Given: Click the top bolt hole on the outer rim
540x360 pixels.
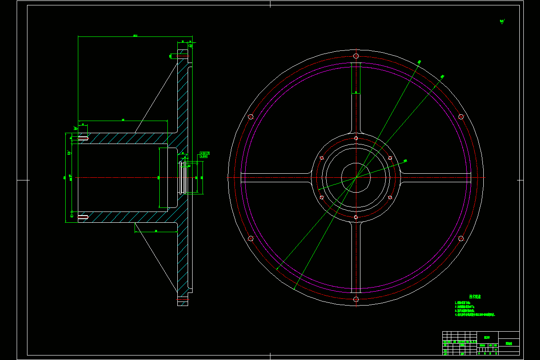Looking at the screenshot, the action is click(x=356, y=56).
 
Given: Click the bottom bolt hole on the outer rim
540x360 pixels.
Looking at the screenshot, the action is click(x=356, y=299).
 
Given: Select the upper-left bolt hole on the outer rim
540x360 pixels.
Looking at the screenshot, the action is click(x=251, y=117).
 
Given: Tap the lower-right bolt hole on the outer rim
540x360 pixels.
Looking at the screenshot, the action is click(x=461, y=238).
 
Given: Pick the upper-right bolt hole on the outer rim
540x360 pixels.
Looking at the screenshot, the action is click(x=461, y=117).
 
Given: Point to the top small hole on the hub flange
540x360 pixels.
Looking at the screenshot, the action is click(x=356, y=138).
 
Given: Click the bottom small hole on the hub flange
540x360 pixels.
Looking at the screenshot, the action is click(x=356, y=217).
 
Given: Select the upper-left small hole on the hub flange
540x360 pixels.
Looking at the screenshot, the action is click(x=322, y=158).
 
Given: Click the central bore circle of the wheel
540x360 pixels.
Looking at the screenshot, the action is click(x=356, y=177).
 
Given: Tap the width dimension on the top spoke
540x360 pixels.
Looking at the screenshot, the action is click(x=356, y=92).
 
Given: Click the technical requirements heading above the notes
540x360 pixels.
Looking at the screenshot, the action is click(x=475, y=297).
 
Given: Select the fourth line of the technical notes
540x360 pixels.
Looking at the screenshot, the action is click(x=475, y=315).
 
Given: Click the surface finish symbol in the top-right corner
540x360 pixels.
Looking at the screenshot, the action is click(x=502, y=21).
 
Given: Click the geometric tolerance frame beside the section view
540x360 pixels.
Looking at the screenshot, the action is click(x=205, y=155).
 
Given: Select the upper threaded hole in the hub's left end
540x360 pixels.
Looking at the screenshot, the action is click(x=83, y=137).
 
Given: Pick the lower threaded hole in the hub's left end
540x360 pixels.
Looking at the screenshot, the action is click(x=83, y=217).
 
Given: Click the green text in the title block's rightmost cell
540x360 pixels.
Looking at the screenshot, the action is click(x=509, y=343).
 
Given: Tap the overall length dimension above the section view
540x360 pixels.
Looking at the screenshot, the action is click(x=135, y=36).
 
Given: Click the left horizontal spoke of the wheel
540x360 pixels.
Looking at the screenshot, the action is click(x=275, y=177).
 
